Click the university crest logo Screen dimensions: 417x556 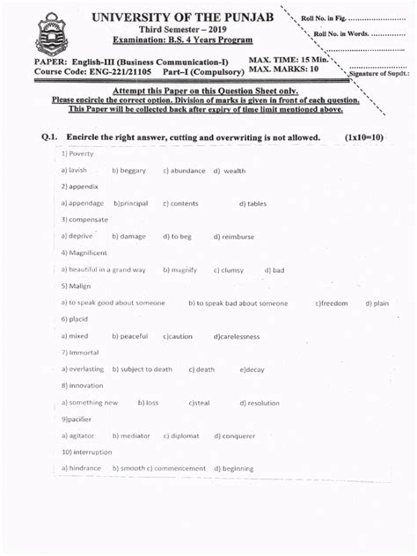coord(50,34)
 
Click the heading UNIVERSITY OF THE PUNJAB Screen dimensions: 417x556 coord(183,17)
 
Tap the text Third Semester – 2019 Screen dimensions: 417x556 coord(183,29)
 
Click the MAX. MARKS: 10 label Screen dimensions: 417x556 coord(283,69)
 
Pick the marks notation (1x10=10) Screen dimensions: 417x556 coord(364,138)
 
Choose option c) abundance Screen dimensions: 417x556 coord(184,171)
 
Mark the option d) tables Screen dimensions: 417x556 coord(244,203)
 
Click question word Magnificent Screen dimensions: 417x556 coord(87,252)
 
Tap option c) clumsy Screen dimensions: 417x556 coord(228,270)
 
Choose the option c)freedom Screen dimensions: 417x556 coord(332,303)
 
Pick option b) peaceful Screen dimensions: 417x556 coord(129,336)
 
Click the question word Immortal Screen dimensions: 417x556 coord(82,352)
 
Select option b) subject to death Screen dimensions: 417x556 coord(142,369)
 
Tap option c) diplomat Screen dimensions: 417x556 coord(180,435)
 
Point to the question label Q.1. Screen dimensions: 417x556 coord(49,138)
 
